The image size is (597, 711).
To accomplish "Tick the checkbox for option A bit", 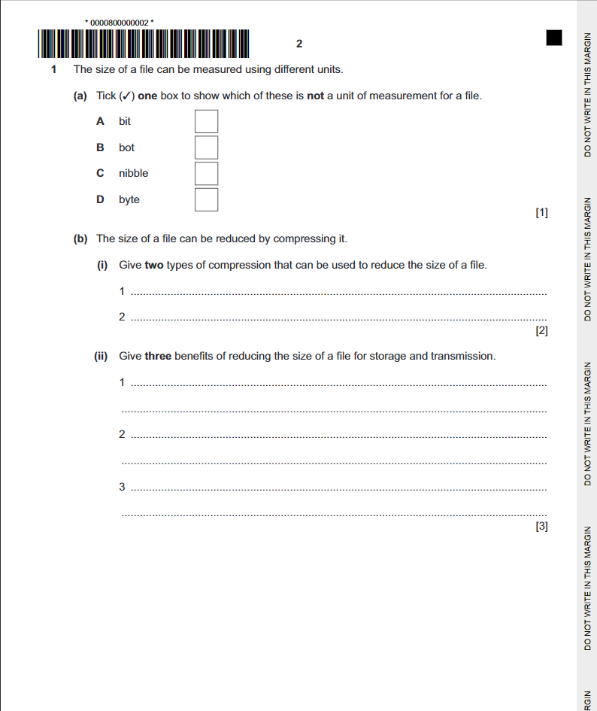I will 207,121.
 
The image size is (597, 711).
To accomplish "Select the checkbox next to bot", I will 207,147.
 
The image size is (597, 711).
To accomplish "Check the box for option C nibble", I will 207,173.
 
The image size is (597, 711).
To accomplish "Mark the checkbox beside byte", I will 207,199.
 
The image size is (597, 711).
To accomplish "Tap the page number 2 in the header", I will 299,44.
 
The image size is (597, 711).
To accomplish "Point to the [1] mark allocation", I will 541,213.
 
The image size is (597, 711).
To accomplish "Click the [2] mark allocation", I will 541,330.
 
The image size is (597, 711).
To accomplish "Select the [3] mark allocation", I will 541,527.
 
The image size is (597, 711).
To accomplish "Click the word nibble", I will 133,173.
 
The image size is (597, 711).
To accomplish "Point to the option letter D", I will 100,199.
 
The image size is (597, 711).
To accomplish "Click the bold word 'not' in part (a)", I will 315,96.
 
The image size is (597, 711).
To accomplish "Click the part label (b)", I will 80,239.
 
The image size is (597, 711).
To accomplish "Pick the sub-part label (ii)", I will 102,356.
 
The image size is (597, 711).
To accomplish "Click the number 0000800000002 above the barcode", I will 120,23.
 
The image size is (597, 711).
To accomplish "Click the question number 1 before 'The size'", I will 53,69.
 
